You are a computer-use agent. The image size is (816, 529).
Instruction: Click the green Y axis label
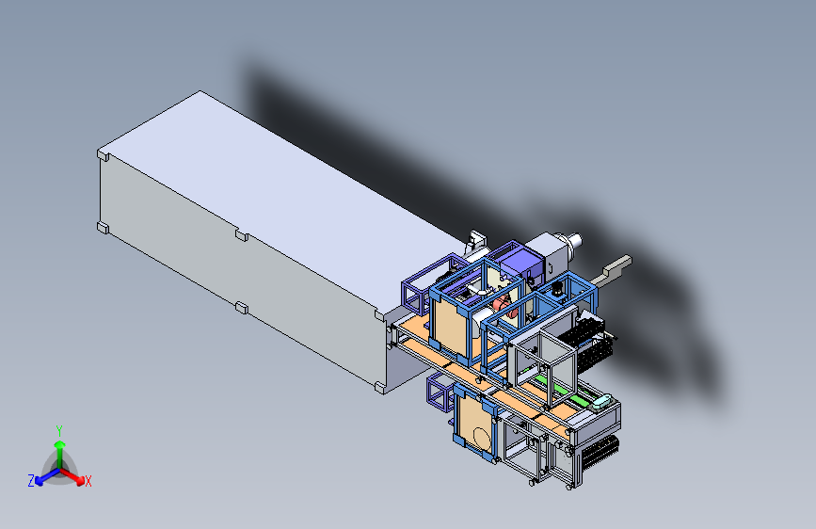tap(59, 430)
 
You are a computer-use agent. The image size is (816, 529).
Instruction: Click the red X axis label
tap(88, 481)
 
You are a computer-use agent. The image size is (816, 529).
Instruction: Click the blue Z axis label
tap(31, 481)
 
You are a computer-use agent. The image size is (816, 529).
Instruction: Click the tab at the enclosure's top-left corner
tap(103, 154)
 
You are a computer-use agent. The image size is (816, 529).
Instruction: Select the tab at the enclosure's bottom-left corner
tap(103, 228)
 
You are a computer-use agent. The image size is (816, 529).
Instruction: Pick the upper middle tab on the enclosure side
tap(242, 234)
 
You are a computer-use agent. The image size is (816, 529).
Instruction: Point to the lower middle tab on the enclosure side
tap(242, 307)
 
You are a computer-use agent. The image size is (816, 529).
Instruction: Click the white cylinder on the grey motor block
tap(574, 241)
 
